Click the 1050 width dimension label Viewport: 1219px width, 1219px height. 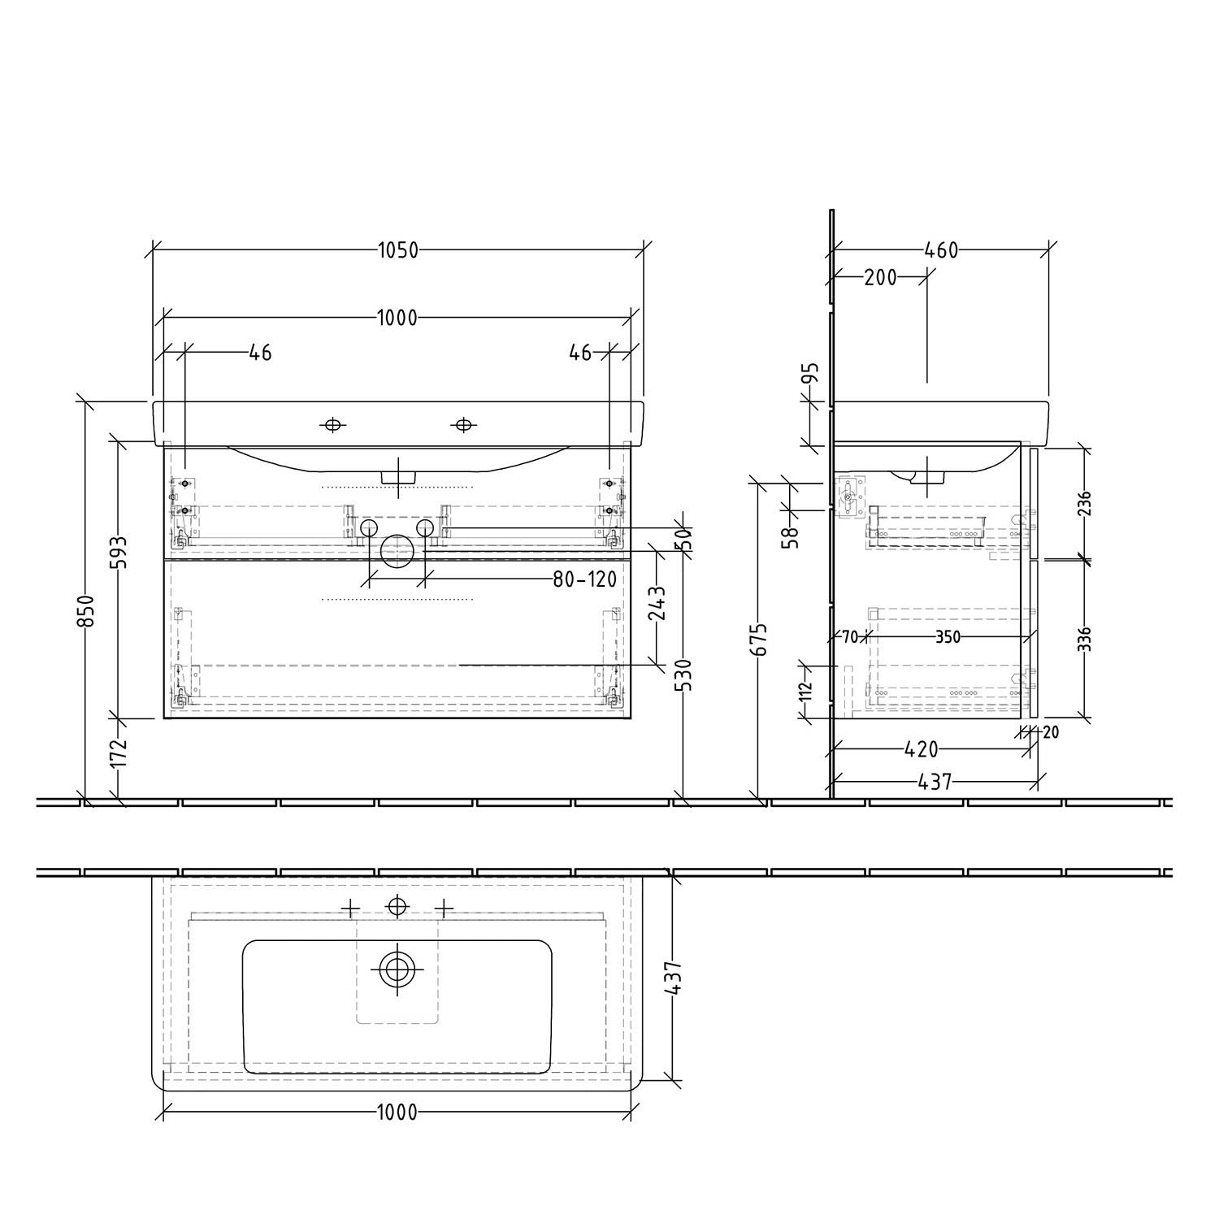tap(397, 250)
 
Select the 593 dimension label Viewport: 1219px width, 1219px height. tap(119, 553)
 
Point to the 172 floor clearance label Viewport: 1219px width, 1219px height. tap(119, 753)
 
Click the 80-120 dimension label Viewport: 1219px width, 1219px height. tap(584, 579)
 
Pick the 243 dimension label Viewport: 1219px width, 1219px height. tap(657, 604)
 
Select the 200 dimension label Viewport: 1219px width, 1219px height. tap(880, 278)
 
